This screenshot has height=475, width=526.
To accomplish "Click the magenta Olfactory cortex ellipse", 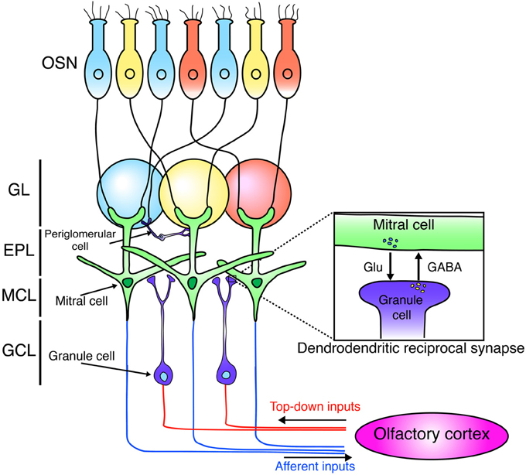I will [x=426, y=436].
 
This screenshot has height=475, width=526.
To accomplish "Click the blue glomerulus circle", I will [x=128, y=190].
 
